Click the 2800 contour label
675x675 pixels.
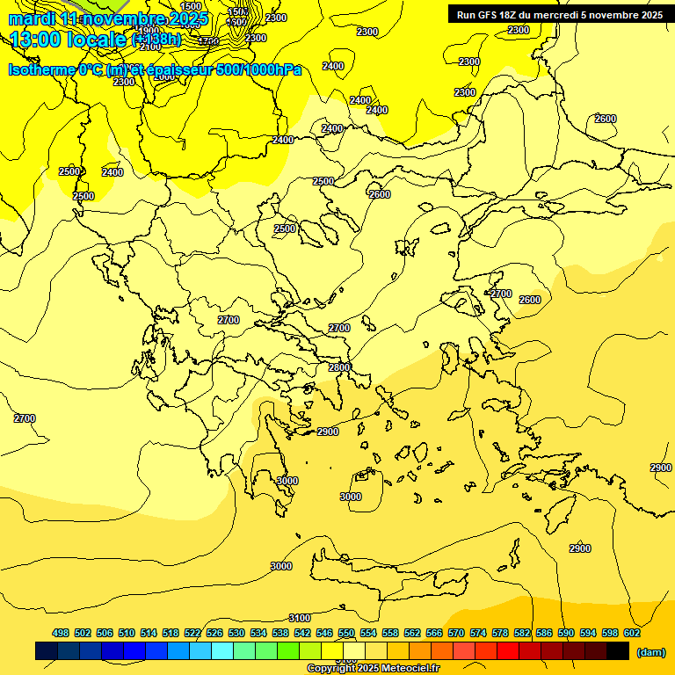coord(339,367)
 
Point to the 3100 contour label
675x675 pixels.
coord(300,618)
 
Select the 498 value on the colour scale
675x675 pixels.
coord(61,633)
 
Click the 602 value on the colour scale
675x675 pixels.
coord(632,633)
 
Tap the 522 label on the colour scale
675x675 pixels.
coord(192,633)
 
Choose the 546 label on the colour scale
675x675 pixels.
coord(324,633)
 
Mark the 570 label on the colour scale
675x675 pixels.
coord(456,633)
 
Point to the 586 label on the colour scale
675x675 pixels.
coord(544,633)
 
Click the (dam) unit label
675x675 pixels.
coord(650,652)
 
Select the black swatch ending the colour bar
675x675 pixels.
coord(617,651)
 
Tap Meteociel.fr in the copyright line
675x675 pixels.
coord(404,669)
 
